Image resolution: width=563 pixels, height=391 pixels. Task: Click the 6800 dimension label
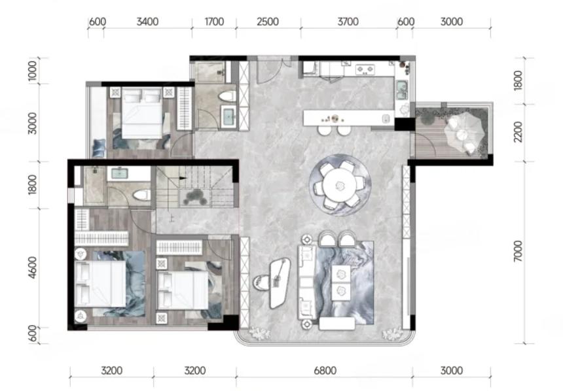tap(325, 370)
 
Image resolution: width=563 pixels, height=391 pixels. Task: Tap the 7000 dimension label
tap(518, 251)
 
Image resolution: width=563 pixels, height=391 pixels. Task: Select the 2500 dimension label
tap(268, 22)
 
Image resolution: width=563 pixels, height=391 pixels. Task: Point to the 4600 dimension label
tap(32, 267)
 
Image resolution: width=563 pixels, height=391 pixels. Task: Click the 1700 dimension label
tap(214, 22)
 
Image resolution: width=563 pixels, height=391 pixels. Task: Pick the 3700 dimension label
tap(348, 22)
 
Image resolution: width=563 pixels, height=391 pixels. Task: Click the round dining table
tap(339, 186)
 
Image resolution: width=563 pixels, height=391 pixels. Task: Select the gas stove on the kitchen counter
tap(365, 69)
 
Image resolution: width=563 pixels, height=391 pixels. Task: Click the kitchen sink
tap(401, 90)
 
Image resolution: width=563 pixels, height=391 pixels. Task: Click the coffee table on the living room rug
tap(340, 282)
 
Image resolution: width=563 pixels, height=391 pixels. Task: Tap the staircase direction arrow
tap(183, 178)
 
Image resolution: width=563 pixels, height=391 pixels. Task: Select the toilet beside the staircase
tap(141, 195)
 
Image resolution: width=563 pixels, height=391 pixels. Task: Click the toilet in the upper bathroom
tap(227, 96)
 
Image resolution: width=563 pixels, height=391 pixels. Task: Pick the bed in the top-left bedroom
tap(142, 113)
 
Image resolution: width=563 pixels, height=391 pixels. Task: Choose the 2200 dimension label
tap(518, 131)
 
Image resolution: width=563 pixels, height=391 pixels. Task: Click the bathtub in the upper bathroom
tap(228, 116)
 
